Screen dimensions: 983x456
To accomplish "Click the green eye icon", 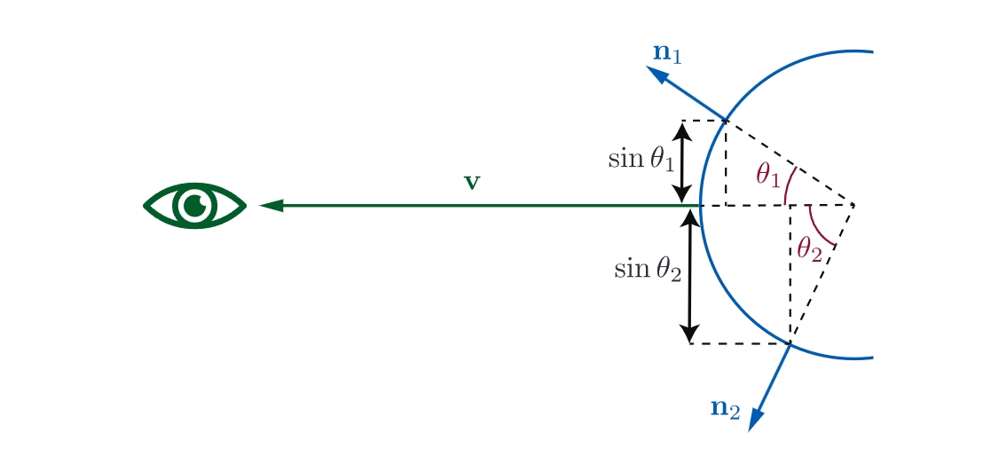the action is [195, 206].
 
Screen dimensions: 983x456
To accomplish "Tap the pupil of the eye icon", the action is [195, 206].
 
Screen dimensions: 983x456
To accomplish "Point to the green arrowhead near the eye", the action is [271, 205].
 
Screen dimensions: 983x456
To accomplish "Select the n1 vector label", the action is [666, 53].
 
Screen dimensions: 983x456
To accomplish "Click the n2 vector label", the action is [726, 409].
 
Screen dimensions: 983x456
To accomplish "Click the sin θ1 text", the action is [641, 160].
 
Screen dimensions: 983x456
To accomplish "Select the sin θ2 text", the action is [648, 270].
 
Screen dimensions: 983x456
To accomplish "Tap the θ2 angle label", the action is [809, 251].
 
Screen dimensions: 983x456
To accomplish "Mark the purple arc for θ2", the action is [817, 228].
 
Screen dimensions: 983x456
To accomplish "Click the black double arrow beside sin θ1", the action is [682, 162].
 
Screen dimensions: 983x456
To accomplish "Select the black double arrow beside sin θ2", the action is [689, 276].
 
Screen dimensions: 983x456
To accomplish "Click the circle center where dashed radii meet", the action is [853, 205].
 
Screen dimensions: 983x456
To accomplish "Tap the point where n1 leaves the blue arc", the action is [726, 120].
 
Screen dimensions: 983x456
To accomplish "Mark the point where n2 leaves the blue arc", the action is [790, 343].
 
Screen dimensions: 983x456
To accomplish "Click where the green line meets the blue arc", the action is [700, 205].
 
